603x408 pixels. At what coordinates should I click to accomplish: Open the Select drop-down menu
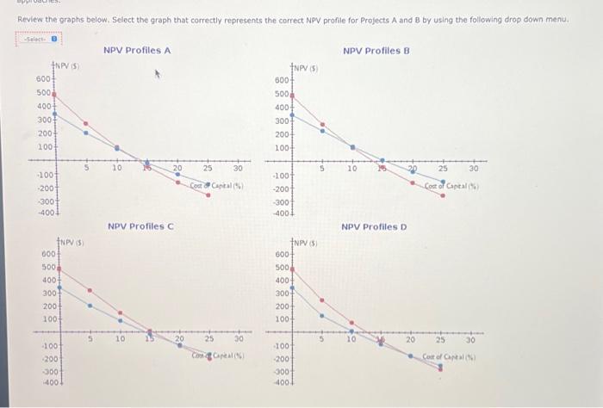tap(39, 39)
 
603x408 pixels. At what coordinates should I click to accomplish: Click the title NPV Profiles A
tap(137, 51)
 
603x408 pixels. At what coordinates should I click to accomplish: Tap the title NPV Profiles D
tap(374, 227)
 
